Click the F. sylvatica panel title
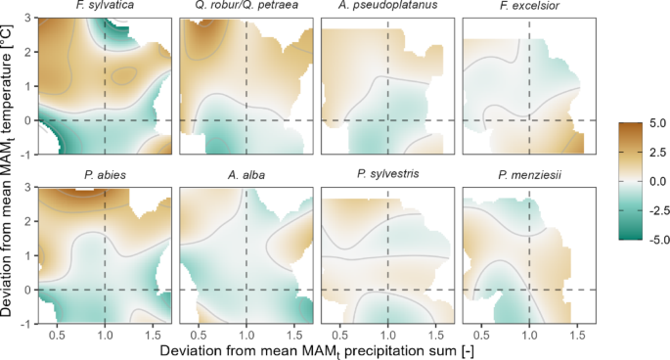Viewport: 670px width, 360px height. [x=107, y=8]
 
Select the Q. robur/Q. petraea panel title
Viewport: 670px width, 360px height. [x=246, y=8]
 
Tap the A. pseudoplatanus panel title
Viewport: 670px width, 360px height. [x=387, y=8]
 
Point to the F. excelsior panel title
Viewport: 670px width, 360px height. [x=528, y=8]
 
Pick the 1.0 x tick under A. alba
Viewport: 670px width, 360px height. [x=246, y=334]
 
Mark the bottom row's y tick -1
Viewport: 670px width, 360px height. [x=26, y=323]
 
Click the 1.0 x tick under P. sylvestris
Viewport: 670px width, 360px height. [x=388, y=334]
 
